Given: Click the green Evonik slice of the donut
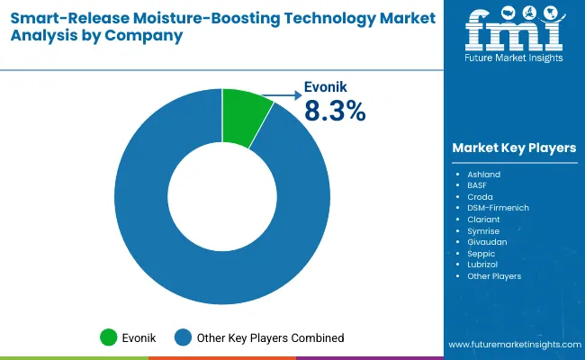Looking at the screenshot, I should pyautogui.click(x=246, y=117).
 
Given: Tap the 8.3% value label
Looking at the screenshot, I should pyautogui.click(x=334, y=111).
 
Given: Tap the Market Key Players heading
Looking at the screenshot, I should pyautogui.click(x=514, y=148).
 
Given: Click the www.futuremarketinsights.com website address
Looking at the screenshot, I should pyautogui.click(x=513, y=345).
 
